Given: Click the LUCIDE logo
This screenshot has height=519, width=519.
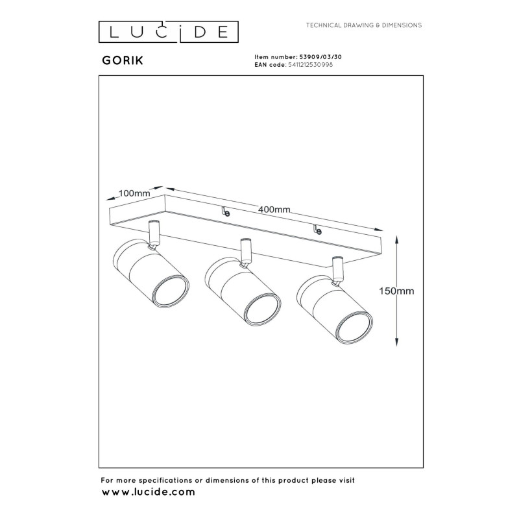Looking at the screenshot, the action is coord(169,32).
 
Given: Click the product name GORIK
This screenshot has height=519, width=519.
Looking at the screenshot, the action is coord(123,60).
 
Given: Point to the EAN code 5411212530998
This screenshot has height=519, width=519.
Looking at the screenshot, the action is coord(311,65).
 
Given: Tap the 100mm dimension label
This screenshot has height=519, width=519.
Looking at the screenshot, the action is coord(134,193).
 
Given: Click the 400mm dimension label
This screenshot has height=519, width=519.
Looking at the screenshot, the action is coord(274,210).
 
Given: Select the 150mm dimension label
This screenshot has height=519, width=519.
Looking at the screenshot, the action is coord(396,291).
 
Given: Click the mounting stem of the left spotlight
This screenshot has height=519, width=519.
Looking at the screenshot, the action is coord(154,234).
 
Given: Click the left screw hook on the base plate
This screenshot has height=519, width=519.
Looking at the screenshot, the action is coord(226,211).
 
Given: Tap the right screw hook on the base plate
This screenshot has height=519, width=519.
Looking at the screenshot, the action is coord(317,229).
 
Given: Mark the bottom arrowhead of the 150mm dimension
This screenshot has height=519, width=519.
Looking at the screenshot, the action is coord(397,342).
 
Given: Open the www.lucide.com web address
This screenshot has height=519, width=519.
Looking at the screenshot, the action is coord(148,492).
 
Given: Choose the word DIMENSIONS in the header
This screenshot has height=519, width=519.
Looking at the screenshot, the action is coord(402,25).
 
